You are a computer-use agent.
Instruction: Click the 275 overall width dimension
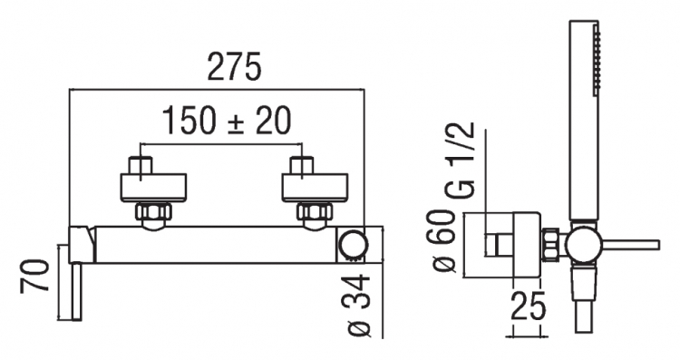[x=235, y=66]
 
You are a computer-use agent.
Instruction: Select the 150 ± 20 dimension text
[x=227, y=121]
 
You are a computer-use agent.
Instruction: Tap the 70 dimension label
[x=34, y=276]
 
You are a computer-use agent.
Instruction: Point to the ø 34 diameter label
[x=359, y=306]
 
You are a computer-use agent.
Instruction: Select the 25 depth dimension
[x=528, y=306]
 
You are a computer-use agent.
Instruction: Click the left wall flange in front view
[x=153, y=188]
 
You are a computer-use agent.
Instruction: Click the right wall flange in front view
[x=315, y=188]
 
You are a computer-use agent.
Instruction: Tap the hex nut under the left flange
[x=153, y=211]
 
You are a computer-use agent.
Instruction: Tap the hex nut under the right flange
[x=315, y=211]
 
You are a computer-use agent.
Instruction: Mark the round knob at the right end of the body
[x=353, y=245]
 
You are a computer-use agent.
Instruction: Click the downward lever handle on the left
[x=76, y=291]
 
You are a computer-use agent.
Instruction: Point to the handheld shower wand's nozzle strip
[x=597, y=60]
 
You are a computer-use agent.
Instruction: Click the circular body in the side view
[x=584, y=245]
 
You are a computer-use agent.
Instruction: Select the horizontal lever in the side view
[x=630, y=245]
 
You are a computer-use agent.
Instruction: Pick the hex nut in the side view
[x=550, y=245]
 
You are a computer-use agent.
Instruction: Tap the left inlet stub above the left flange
[x=141, y=165]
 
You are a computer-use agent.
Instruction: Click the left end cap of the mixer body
[x=83, y=244]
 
